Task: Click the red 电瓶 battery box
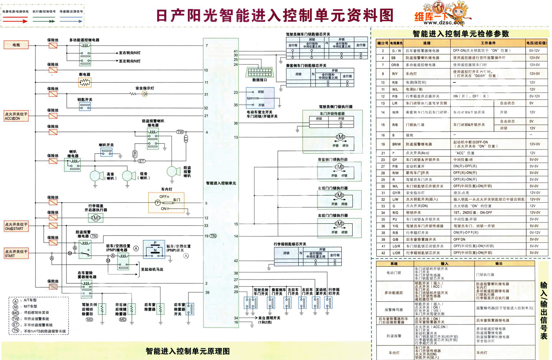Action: click(x=16, y=45)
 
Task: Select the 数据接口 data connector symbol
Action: click(x=259, y=72)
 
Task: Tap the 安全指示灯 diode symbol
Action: click(x=145, y=94)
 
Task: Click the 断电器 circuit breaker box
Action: click(x=85, y=82)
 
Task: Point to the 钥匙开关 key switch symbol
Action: click(x=85, y=106)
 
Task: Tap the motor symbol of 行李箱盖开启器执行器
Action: click(x=96, y=218)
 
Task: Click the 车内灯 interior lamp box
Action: click(x=166, y=202)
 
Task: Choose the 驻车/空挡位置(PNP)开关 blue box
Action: click(x=154, y=249)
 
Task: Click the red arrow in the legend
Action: click(x=15, y=21)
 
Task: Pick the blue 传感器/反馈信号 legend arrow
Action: click(x=71, y=21)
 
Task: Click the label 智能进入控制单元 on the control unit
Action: click(x=221, y=183)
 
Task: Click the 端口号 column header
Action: click(x=382, y=43)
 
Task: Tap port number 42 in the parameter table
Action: click(x=383, y=253)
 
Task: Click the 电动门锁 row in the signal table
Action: click(x=394, y=273)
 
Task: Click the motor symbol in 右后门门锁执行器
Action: click(x=339, y=224)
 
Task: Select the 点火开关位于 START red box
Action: click(x=16, y=254)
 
